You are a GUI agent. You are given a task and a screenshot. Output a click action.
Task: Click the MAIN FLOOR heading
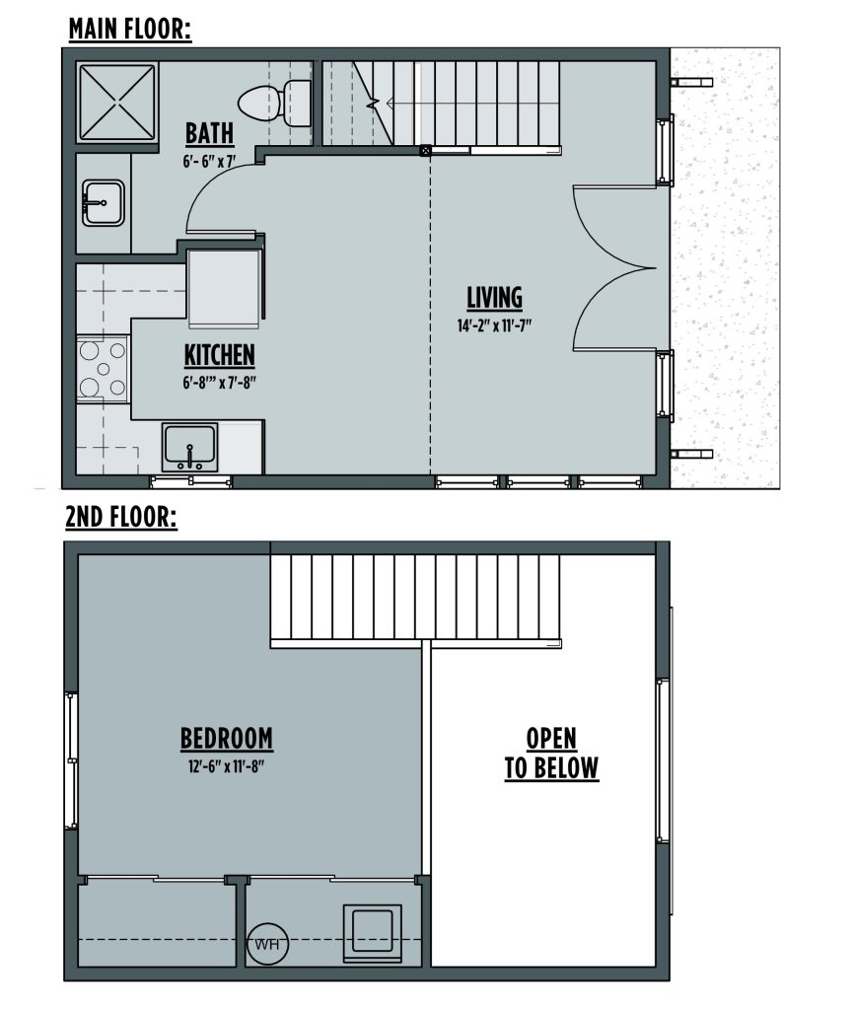(x=130, y=29)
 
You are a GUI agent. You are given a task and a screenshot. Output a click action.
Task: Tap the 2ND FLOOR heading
(x=121, y=517)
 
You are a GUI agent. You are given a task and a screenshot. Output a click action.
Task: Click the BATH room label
(x=209, y=133)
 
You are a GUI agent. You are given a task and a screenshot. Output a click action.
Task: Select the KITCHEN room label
(x=220, y=355)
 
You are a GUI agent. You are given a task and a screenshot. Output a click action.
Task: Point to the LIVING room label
(x=494, y=298)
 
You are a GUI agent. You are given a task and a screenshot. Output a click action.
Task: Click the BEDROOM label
(x=227, y=739)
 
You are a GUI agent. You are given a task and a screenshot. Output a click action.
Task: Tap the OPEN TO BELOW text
(x=551, y=754)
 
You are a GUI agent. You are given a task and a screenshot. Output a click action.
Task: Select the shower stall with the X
(x=117, y=102)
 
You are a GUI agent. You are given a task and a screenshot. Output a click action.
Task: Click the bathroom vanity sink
(x=103, y=202)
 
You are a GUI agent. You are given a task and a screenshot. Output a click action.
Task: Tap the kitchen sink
(x=190, y=447)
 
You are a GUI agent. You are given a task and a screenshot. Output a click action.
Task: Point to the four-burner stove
(x=103, y=369)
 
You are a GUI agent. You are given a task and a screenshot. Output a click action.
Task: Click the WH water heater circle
(x=267, y=944)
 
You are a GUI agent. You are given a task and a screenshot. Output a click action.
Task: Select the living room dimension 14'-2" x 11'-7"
(x=494, y=325)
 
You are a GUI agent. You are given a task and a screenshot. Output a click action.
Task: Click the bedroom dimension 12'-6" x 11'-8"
(x=227, y=766)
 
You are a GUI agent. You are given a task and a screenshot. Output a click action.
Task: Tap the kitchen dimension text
(x=219, y=383)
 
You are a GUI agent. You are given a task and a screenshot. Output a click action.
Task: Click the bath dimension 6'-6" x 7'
(x=209, y=161)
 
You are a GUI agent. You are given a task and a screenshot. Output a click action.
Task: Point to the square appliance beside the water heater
(x=372, y=933)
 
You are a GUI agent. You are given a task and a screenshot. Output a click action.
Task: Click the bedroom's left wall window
(x=71, y=761)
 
